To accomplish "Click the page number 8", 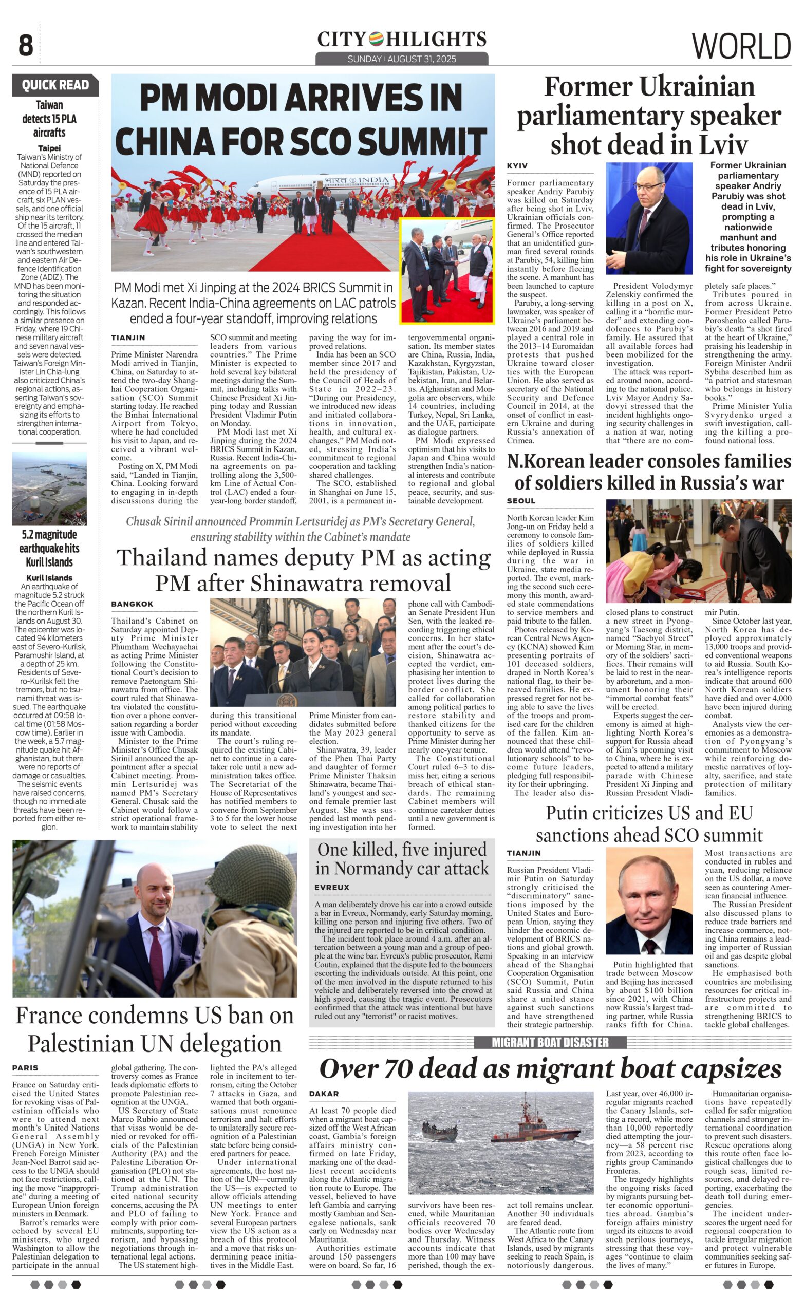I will click(26, 46).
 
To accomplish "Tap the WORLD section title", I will click(741, 46).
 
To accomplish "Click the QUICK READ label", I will click(55, 85).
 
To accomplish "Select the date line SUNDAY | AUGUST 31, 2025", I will click(401, 59).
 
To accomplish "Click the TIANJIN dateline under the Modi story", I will click(128, 338).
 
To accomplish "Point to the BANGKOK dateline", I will click(133, 604).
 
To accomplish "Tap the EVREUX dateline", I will click(331, 888).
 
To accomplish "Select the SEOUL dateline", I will click(521, 501).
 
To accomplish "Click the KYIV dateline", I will click(517, 166).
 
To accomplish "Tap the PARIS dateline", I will click(26, 1068).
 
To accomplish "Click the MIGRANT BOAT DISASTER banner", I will click(550, 1042).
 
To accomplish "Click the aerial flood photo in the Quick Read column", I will click(49, 489).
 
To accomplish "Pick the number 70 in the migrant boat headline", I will click(414, 1068).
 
